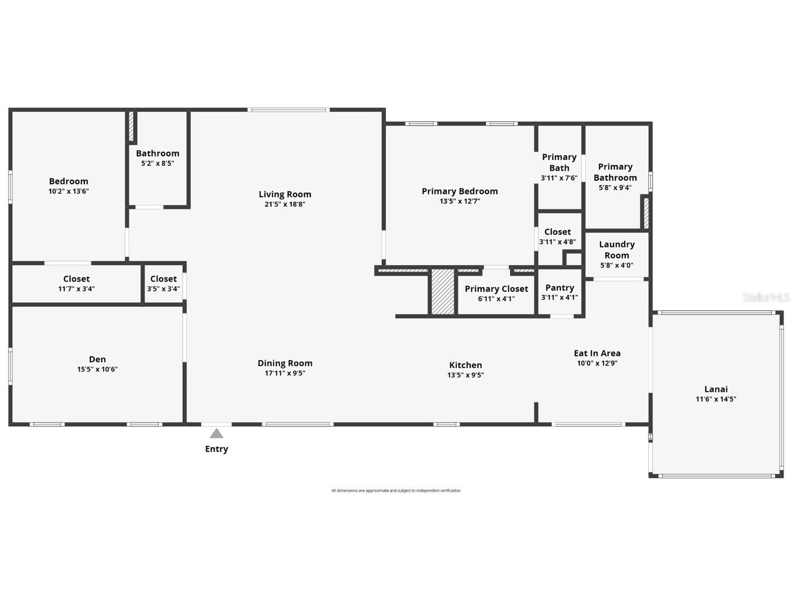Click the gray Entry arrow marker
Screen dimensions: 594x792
[x=217, y=433]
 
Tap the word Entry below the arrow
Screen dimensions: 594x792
[x=217, y=449]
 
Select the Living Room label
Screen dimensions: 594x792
[x=285, y=194]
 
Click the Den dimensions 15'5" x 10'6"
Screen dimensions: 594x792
[x=97, y=369]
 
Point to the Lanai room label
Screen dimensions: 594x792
[x=716, y=389]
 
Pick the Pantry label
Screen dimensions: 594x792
[x=559, y=288]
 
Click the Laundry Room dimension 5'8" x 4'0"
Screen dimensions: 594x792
[x=617, y=266]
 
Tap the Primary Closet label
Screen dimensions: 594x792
[x=496, y=289]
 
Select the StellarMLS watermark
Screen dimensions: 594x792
[x=766, y=297]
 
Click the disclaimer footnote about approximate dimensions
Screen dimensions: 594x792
[x=396, y=491]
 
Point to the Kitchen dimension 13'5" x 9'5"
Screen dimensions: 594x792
[x=465, y=375]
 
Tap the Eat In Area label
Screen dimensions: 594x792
[x=597, y=353]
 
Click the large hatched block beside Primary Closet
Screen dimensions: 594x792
[x=443, y=291]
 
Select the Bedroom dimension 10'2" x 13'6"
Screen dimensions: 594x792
[x=68, y=191]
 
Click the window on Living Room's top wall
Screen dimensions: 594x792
[x=288, y=110]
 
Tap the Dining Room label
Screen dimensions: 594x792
[x=285, y=363]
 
